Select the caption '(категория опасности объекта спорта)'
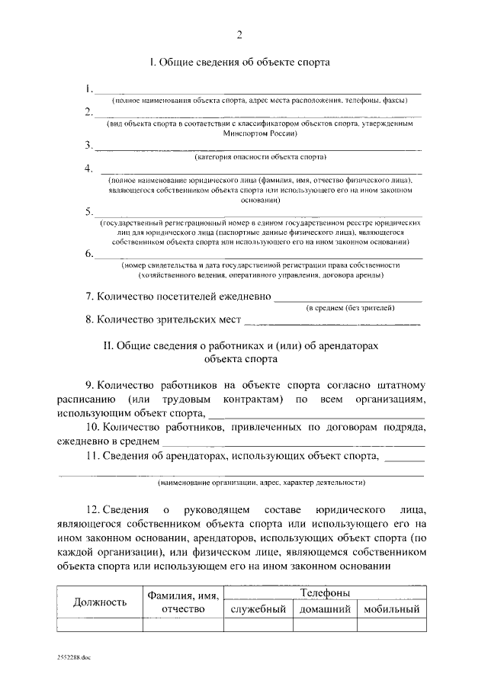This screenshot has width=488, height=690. coord(261,158)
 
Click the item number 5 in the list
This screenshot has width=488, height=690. coord(89,211)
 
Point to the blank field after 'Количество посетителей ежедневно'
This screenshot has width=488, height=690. coord(347,296)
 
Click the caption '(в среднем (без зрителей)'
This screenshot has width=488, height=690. coord(350,307)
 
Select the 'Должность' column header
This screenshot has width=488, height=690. coord(99,602)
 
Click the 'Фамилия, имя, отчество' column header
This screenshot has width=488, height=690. coord(183,602)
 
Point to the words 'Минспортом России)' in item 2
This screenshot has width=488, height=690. coord(255,132)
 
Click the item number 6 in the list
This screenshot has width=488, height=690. coord(89,253)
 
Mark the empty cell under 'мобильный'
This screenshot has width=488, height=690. coord(392,625)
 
